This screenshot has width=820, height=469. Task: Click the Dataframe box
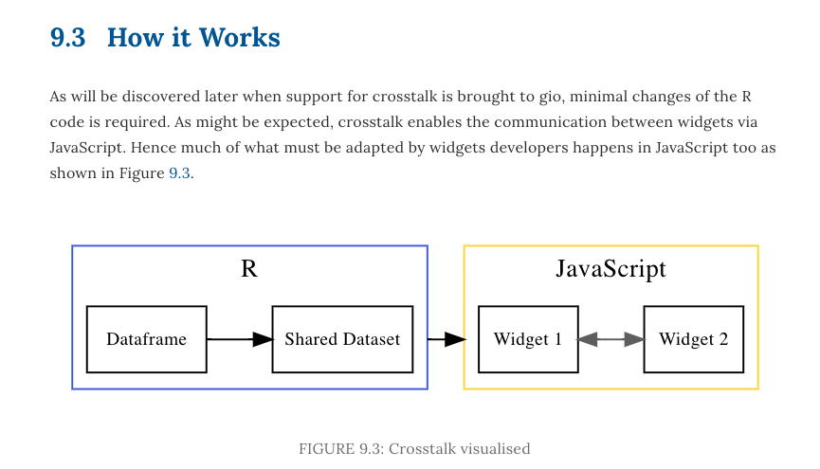[x=146, y=339]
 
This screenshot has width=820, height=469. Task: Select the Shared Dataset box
[x=342, y=339]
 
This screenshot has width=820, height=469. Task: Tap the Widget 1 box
[x=528, y=339]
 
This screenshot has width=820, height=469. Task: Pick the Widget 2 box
[x=694, y=339]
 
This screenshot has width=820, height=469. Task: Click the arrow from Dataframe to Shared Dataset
[x=239, y=339]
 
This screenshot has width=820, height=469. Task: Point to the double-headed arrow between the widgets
[x=610, y=339]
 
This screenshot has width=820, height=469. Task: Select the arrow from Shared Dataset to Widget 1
[x=446, y=339]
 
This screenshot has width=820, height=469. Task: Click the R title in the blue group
[x=249, y=269]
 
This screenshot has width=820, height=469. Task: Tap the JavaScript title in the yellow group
[x=610, y=269]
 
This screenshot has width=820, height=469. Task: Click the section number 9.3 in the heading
[x=67, y=38]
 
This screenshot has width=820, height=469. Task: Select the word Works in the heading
[x=244, y=38]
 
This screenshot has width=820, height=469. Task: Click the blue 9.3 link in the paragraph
[x=180, y=173]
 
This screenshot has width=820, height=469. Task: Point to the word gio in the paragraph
[x=545, y=97]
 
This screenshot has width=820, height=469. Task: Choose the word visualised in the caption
[x=492, y=448]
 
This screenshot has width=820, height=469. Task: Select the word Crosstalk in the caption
[x=419, y=448]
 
